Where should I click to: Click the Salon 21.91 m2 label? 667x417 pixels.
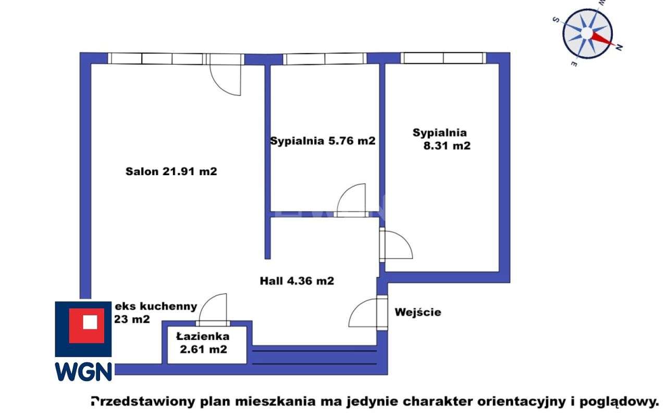pyautogui.click(x=171, y=171)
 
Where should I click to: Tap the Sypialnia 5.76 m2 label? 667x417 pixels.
pyautogui.click(x=323, y=141)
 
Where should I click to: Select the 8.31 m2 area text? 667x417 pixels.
pyautogui.click(x=447, y=146)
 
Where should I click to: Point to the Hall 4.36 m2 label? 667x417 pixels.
pyautogui.click(x=297, y=281)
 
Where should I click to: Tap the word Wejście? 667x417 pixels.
pyautogui.click(x=418, y=312)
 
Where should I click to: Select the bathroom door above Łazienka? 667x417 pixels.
pyautogui.click(x=213, y=310)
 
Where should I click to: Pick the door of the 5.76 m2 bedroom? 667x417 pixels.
pyautogui.click(x=351, y=201)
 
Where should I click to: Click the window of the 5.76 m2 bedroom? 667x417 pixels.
pyautogui.click(x=324, y=58)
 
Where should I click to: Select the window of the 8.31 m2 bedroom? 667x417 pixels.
pyautogui.click(x=443, y=58)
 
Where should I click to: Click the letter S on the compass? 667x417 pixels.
pyautogui.click(x=556, y=20)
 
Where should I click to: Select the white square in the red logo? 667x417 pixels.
pyautogui.click(x=90, y=322)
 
